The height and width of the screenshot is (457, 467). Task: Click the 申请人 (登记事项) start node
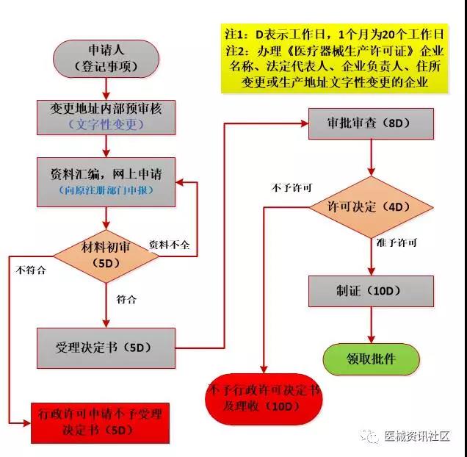tap(106, 59)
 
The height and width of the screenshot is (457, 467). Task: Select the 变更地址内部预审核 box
tap(107, 115)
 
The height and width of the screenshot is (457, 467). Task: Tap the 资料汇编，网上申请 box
tap(107, 181)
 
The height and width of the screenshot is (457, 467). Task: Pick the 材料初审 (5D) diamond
tap(106, 252)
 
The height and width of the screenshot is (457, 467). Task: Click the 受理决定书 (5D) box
tap(107, 347)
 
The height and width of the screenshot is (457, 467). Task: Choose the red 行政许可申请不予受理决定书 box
tap(98, 422)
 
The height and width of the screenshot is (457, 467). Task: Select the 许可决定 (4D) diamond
tap(372, 206)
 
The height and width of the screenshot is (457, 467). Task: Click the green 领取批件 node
tap(372, 358)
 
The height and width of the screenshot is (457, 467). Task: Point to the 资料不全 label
tap(169, 245)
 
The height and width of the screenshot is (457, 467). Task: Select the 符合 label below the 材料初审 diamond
tap(126, 299)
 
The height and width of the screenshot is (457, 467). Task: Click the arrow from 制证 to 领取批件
tap(372, 325)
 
